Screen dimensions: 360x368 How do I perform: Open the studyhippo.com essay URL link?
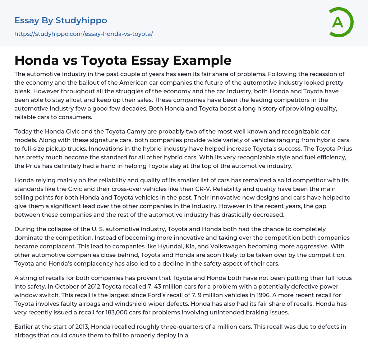tap(84, 34)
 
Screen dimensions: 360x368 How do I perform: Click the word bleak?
tap(24, 91)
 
